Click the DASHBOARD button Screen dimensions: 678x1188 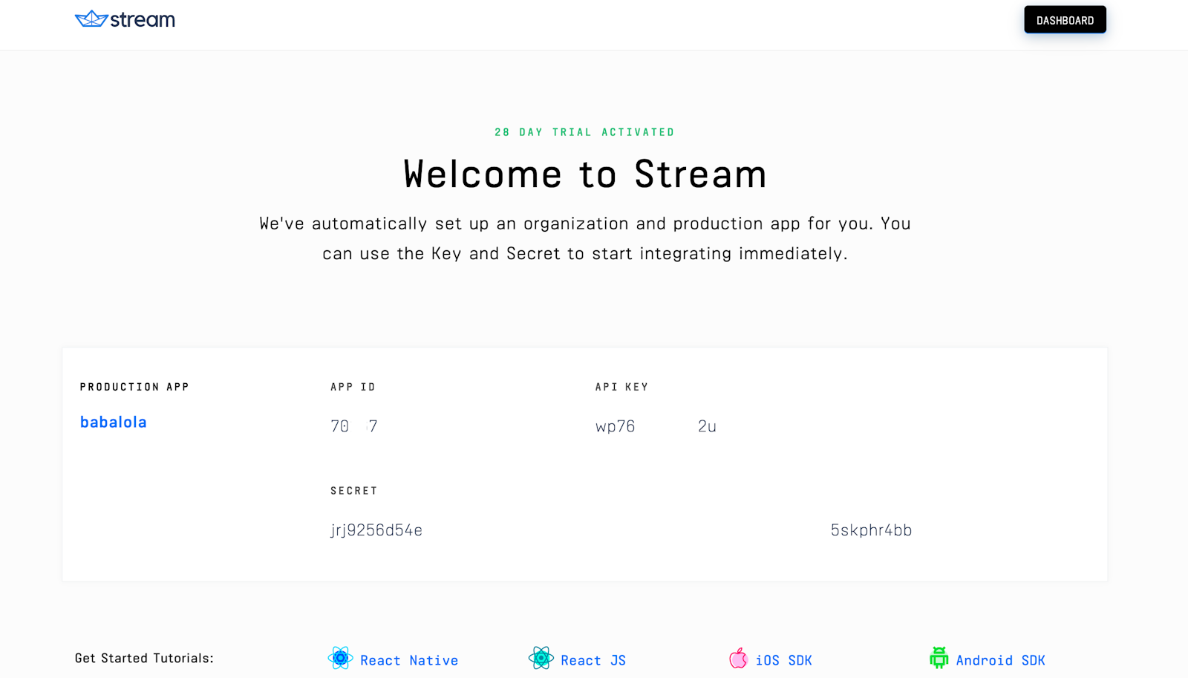point(1065,20)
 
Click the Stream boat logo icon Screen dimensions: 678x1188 point(91,19)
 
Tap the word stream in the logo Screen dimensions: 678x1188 point(143,20)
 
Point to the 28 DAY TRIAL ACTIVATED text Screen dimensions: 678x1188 point(584,132)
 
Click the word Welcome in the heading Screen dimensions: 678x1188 point(483,175)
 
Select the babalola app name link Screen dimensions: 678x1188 point(114,423)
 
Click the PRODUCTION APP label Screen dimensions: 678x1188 point(134,387)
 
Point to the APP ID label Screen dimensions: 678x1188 point(353,387)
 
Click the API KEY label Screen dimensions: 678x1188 point(621,387)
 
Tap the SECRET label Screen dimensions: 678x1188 point(353,491)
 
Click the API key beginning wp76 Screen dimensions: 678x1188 point(616,426)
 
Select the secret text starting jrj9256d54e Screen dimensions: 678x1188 point(376,530)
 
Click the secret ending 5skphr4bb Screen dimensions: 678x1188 point(871,530)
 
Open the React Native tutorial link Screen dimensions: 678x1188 point(409,660)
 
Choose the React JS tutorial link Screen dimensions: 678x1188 point(593,660)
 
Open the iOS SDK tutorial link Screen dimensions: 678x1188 point(783,660)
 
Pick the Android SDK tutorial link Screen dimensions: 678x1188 point(1000,660)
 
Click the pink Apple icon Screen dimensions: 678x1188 point(738,658)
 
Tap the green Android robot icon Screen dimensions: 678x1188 point(939,658)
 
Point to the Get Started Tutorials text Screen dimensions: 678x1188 point(144,658)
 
